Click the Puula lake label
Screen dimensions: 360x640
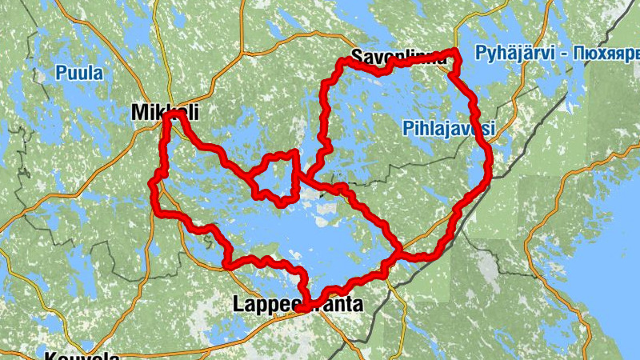coord(79,74)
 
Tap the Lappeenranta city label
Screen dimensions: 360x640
coord(298,304)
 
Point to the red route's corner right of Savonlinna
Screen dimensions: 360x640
coord(457,54)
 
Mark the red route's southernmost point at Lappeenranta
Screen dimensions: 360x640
coord(304,306)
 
